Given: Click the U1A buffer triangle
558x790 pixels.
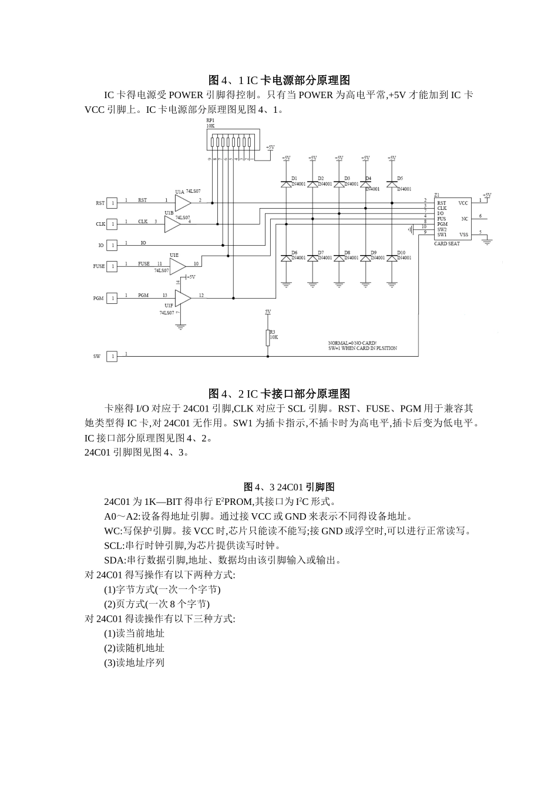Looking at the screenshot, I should (183, 202).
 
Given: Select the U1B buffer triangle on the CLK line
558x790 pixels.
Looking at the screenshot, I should (172, 223).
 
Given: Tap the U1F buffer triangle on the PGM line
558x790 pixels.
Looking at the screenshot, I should (183, 297).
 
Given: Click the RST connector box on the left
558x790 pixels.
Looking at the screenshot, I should (112, 203).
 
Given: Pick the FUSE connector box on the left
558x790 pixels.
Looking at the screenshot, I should (112, 266).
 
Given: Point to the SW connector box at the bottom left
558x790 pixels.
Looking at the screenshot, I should (112, 356).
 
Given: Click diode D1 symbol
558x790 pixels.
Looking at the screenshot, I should (286, 184).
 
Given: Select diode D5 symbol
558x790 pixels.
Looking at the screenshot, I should (392, 184).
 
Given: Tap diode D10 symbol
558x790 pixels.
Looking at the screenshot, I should (392, 258).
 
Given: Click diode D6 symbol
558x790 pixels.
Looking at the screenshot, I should (286, 258).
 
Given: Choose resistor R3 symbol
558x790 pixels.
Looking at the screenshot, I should (268, 337).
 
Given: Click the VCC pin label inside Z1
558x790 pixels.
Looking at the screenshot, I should (463, 203).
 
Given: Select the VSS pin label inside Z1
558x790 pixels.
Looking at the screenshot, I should (463, 235).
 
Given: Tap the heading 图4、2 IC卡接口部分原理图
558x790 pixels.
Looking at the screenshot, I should (279, 394).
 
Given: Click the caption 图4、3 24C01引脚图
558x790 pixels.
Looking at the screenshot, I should (289, 487).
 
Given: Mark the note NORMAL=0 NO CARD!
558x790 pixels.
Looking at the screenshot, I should (352, 343).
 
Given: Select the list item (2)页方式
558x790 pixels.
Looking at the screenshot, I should (157, 604).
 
